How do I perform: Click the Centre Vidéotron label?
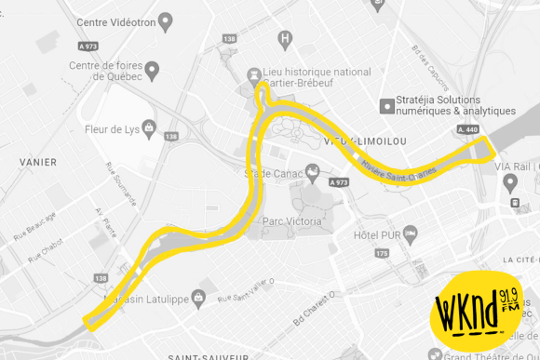[115, 21]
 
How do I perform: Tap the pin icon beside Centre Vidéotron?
[166, 20]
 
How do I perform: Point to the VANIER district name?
[37, 162]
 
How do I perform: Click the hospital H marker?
[286, 40]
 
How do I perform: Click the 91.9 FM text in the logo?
[510, 300]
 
